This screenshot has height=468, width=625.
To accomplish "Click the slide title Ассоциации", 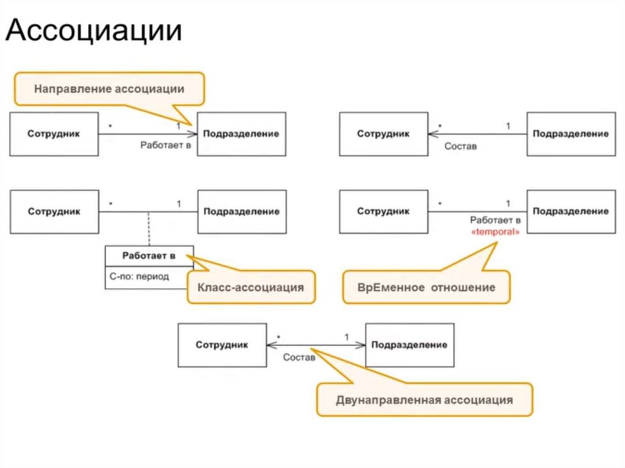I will (94, 31).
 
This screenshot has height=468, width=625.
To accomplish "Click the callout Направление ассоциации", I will (109, 89).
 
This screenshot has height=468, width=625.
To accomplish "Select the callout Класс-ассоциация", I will (251, 286).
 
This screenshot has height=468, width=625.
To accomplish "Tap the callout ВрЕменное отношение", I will (426, 287).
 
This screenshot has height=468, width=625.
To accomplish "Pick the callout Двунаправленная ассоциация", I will (424, 400).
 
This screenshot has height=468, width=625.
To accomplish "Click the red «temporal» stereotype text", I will (496, 232).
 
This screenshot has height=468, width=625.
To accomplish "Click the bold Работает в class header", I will (149, 256).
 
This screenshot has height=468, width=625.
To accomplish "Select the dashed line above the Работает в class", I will (148, 229).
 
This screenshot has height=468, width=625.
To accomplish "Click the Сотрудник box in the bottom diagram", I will (222, 345).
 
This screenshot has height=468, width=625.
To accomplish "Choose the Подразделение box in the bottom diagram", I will (410, 345).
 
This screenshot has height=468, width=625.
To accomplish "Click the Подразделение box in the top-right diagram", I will (571, 134).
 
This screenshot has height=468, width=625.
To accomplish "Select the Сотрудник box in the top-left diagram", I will (54, 134).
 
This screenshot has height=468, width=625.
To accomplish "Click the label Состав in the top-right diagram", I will (460, 146).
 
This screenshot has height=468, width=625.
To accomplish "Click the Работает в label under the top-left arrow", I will (165, 146).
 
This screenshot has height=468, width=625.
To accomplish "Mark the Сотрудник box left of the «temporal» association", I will (383, 212).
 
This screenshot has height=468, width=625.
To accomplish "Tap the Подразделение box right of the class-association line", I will (242, 212).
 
